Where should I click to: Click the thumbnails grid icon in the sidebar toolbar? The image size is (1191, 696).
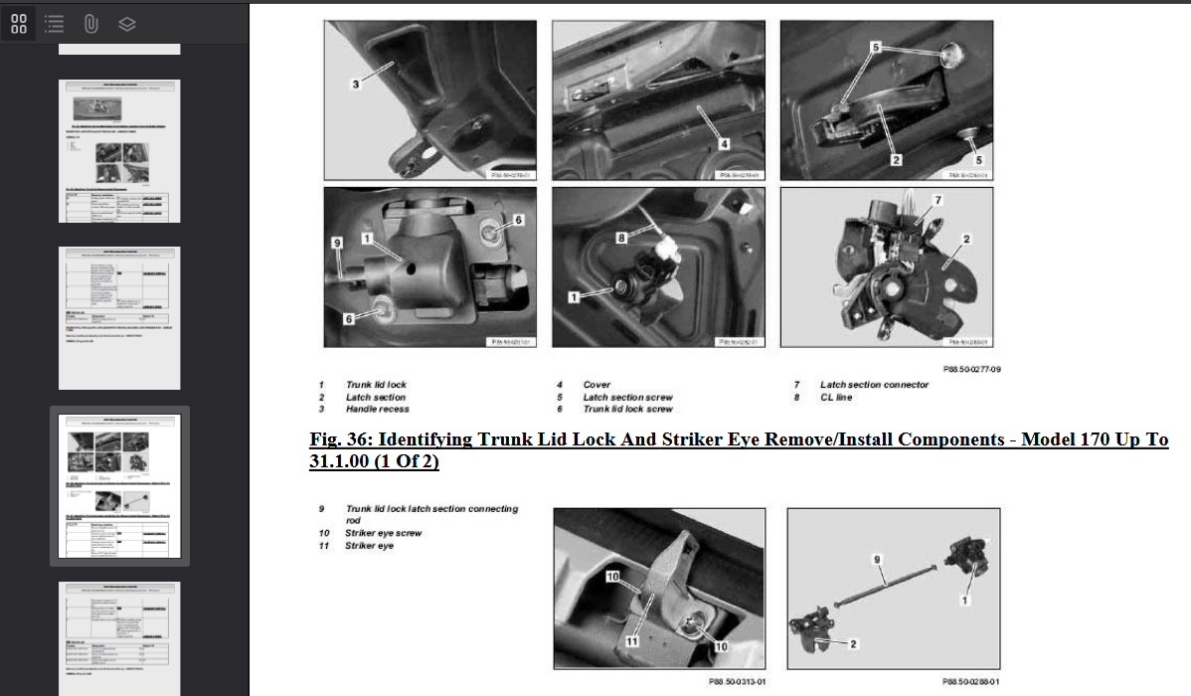(x=19, y=24)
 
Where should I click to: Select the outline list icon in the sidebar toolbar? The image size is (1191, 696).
(x=55, y=24)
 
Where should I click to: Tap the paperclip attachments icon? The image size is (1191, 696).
(x=90, y=24)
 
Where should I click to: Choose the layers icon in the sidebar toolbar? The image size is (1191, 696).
(x=126, y=24)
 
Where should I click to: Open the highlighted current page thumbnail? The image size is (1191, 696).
(x=119, y=485)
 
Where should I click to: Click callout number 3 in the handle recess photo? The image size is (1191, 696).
(x=355, y=84)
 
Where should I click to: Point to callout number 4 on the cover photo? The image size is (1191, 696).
(x=725, y=144)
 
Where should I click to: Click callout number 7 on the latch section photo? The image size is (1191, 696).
(x=936, y=200)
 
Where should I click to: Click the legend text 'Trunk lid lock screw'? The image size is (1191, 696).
(x=627, y=409)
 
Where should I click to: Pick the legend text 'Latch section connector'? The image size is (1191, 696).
(x=874, y=385)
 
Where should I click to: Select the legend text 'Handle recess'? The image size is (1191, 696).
(x=377, y=409)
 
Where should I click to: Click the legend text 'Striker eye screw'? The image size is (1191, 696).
(x=383, y=533)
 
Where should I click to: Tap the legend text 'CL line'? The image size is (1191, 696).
(x=835, y=397)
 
